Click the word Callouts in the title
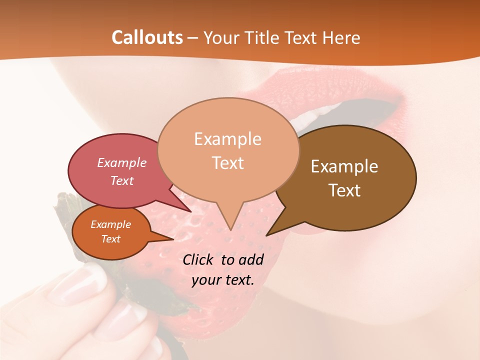[147, 37]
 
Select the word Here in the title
[341, 37]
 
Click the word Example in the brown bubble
[344, 166]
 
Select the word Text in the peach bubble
[228, 163]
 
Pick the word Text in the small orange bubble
[110, 239]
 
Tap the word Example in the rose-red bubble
[122, 162]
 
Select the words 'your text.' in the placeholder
[223, 280]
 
